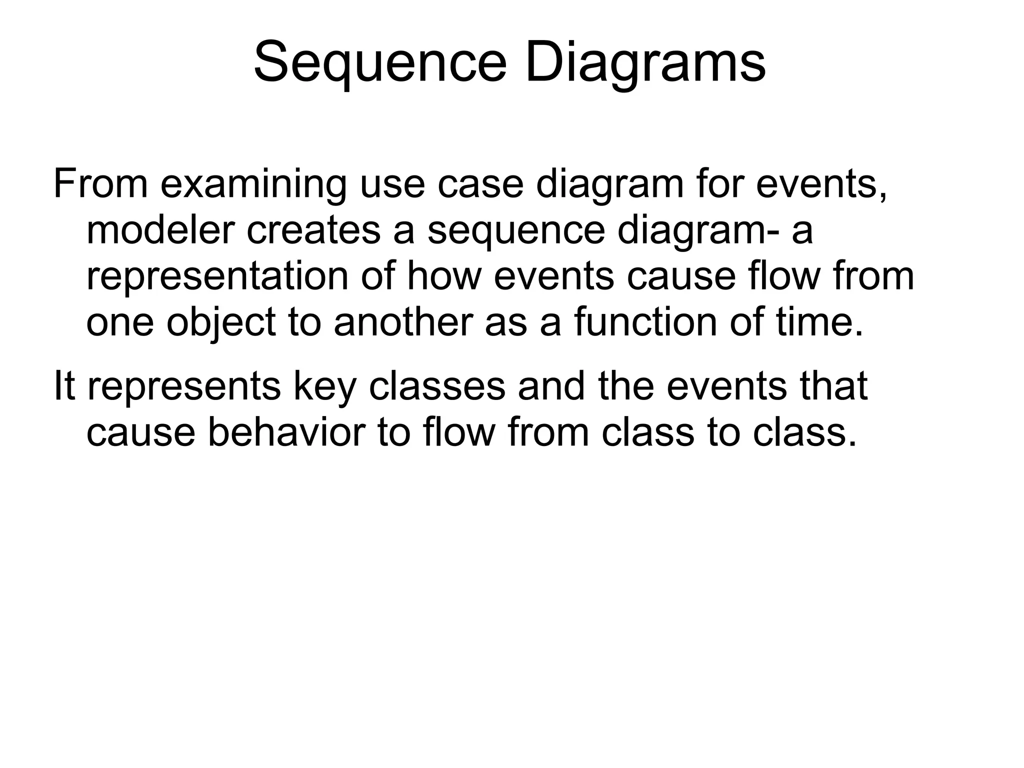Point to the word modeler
160,230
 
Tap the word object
221,322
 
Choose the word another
403,322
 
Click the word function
645,322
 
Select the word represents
184,386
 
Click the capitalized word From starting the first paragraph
100,184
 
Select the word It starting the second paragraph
64,386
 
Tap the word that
833,386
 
